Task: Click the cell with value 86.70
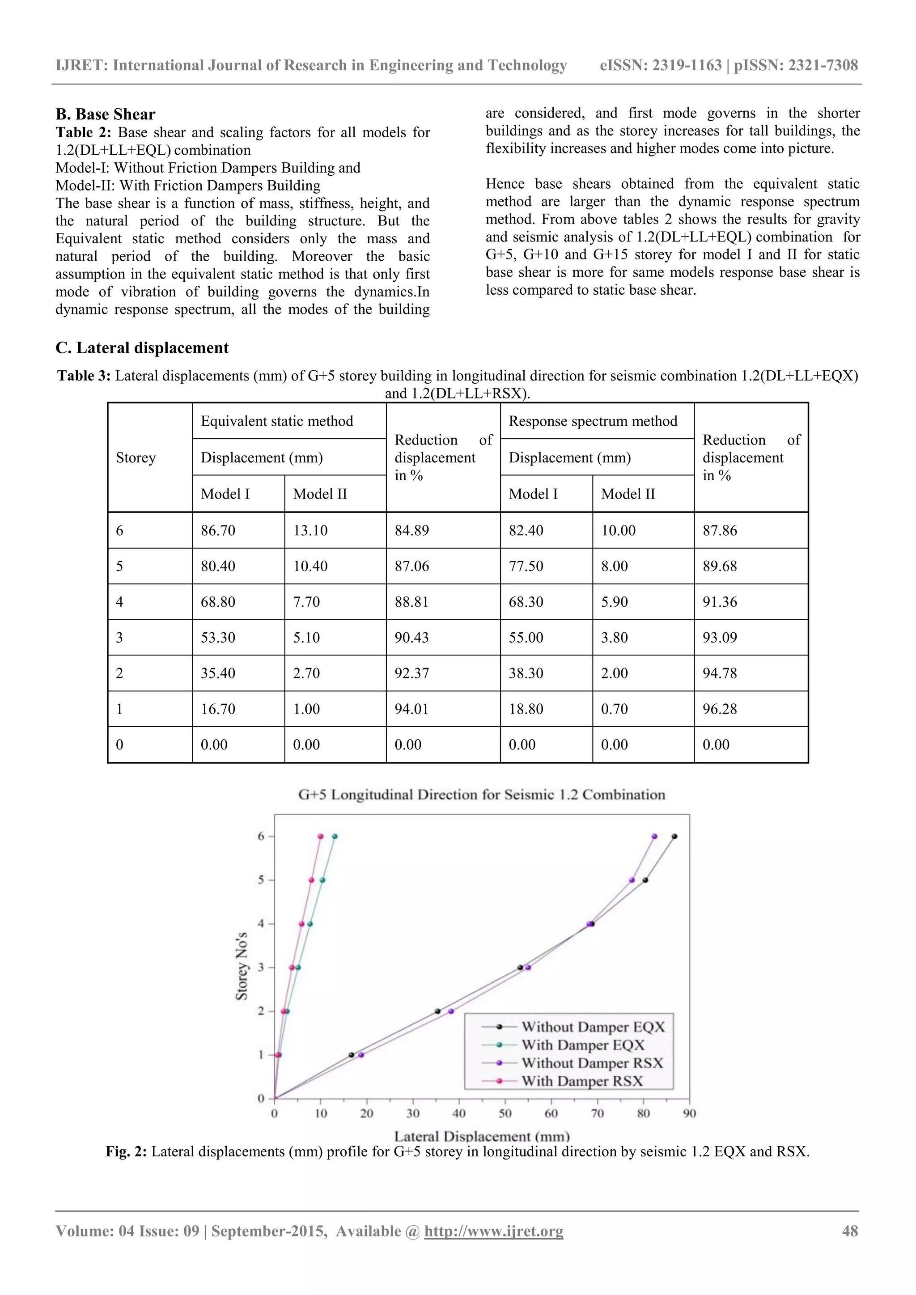click(x=218, y=531)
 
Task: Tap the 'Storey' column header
click(x=136, y=457)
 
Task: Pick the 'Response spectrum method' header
click(x=592, y=421)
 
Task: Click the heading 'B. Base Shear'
click(x=106, y=114)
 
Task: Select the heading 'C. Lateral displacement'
click(x=142, y=348)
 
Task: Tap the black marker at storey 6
click(x=674, y=837)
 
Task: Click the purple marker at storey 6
click(x=654, y=837)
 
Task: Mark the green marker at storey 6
click(x=335, y=837)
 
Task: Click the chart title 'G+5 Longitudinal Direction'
click(x=481, y=795)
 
